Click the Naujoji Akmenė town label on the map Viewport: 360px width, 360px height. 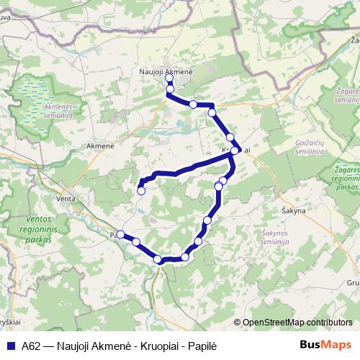tap(166, 72)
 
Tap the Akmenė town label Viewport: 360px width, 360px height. tap(100, 145)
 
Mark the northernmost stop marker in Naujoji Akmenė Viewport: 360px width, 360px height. tap(168, 81)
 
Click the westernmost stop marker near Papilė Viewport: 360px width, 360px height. tap(121, 234)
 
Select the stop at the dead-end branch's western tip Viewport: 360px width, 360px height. tap(141, 191)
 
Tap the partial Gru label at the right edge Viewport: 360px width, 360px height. tap(353, 283)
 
